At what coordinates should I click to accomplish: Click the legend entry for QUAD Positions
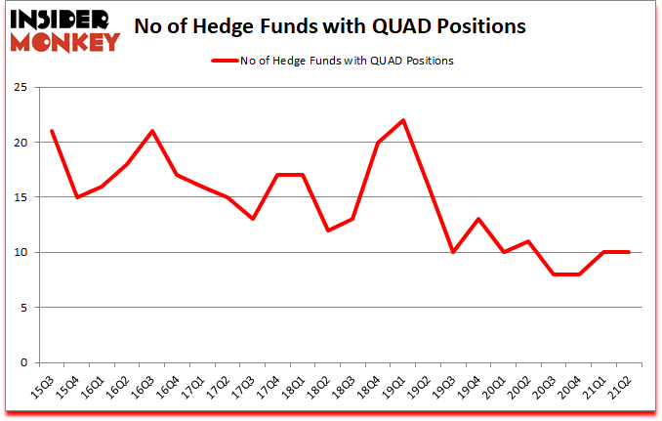(332, 61)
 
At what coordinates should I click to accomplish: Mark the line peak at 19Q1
(403, 120)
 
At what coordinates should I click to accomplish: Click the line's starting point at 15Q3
(51, 131)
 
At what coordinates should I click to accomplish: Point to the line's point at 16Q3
(151, 131)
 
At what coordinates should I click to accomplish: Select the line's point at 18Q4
(378, 143)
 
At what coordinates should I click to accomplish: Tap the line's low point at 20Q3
(554, 274)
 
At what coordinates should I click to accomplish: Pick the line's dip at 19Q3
(453, 252)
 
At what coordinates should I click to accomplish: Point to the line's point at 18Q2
(327, 231)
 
